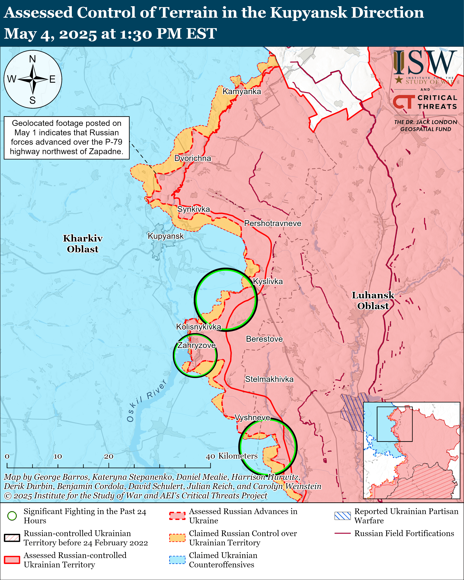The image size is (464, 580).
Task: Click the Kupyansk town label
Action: click(x=166, y=236)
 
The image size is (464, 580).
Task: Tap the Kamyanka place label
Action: click(x=242, y=92)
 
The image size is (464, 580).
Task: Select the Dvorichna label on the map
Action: click(x=193, y=158)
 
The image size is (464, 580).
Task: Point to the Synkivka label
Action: click(x=193, y=209)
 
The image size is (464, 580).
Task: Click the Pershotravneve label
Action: click(x=273, y=223)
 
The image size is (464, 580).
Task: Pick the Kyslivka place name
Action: click(x=268, y=281)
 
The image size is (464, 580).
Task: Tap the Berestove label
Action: click(x=264, y=339)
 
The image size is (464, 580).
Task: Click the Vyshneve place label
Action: click(x=252, y=417)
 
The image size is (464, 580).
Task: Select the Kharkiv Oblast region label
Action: click(x=83, y=244)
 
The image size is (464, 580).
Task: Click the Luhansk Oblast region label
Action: click(x=373, y=301)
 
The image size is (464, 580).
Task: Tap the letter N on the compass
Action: click(x=33, y=59)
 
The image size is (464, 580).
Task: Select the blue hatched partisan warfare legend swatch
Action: click(x=342, y=516)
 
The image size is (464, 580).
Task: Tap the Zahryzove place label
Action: click(x=196, y=345)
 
